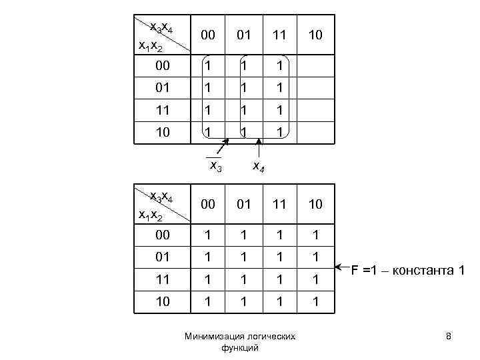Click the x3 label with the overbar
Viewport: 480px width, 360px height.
[x=215, y=165]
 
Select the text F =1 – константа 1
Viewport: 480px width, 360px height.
[x=408, y=269]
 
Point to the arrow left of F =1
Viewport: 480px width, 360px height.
[x=343, y=268]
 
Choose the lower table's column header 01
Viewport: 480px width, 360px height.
[x=245, y=204]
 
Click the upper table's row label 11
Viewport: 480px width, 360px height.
[x=163, y=110]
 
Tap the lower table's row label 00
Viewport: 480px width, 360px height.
[x=163, y=235]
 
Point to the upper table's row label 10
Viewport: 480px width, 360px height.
[x=163, y=132]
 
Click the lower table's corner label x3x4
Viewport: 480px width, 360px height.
[x=161, y=196]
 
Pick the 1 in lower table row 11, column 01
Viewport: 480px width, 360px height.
[x=245, y=279]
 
